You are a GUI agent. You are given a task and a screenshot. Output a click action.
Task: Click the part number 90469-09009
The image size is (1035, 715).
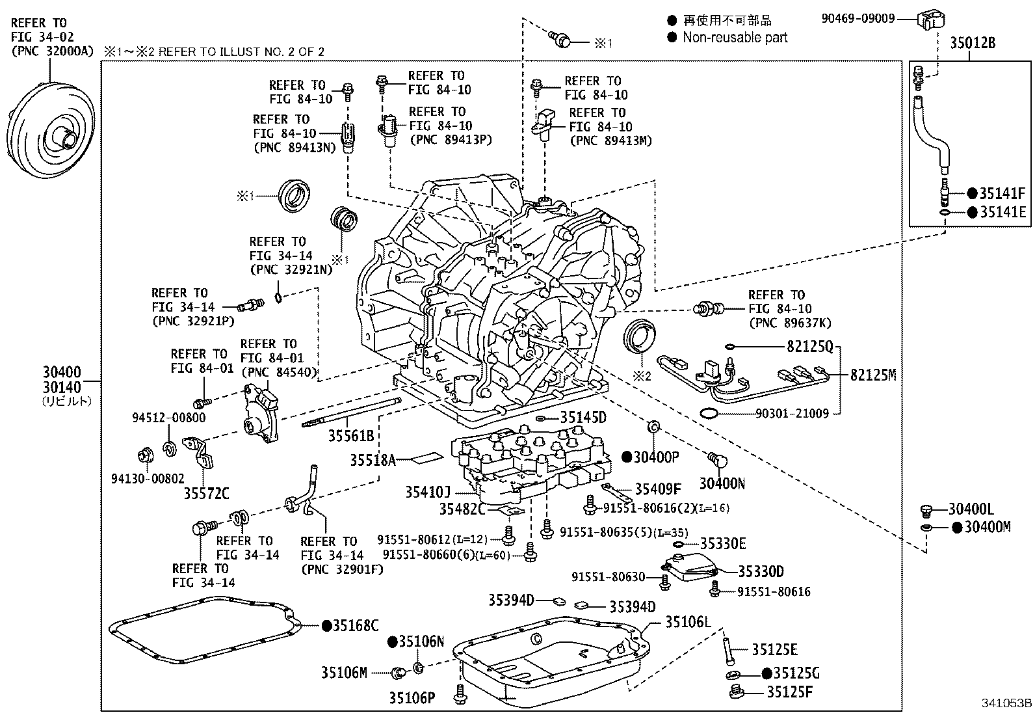click(x=858, y=19)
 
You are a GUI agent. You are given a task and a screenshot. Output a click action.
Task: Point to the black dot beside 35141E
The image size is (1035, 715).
click(x=972, y=212)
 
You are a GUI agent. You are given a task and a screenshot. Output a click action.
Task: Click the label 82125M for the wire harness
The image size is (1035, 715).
click(x=873, y=375)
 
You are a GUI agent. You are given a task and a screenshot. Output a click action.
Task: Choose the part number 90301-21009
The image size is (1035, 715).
click(x=792, y=414)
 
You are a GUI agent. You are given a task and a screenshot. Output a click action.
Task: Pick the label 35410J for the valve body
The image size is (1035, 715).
click(x=428, y=492)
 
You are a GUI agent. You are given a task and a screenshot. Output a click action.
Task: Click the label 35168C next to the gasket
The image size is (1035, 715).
click(x=356, y=626)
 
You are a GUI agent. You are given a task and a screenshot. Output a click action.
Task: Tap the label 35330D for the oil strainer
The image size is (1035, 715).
click(x=761, y=572)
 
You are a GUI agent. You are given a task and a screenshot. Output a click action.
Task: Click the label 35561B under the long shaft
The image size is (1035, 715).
click(x=350, y=437)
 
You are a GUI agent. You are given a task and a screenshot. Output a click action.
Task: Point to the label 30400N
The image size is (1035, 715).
click(x=722, y=483)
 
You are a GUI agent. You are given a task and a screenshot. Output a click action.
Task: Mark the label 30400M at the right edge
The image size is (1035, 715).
click(x=988, y=527)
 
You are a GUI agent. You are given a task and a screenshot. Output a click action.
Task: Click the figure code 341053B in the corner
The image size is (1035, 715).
click(x=1006, y=703)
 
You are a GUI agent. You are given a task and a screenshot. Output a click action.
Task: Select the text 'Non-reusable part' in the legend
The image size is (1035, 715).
click(x=735, y=38)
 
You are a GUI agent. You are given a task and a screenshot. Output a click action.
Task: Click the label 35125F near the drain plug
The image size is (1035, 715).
click(x=789, y=692)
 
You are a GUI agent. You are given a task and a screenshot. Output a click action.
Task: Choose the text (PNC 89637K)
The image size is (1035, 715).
click(x=789, y=323)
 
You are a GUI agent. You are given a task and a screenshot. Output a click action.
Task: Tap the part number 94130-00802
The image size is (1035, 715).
click(x=148, y=479)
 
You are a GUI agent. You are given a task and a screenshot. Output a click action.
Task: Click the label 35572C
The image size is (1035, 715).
click(x=206, y=494)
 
